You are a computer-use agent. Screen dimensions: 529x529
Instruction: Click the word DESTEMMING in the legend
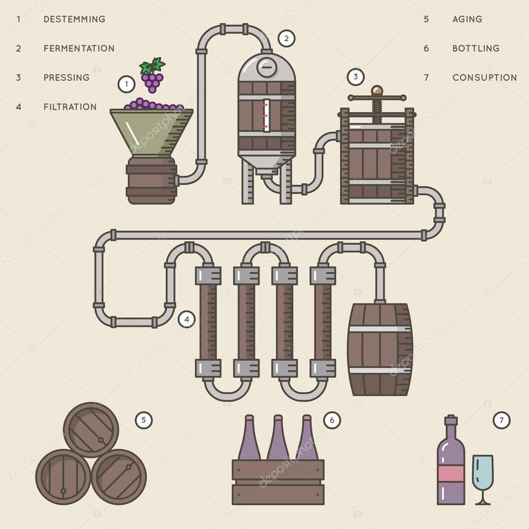point(74,19)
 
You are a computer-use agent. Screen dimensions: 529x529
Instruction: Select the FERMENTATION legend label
point(79,49)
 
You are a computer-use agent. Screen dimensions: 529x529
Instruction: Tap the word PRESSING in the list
point(66,77)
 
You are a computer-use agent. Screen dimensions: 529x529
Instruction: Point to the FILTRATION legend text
point(70,107)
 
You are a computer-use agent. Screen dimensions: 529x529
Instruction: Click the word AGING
point(467,19)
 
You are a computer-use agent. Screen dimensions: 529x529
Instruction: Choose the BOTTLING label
point(476,49)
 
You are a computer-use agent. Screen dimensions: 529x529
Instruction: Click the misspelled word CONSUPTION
point(484,77)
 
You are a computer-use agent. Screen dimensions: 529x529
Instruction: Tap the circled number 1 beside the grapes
point(127,84)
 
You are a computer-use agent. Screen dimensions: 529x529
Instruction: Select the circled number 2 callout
point(286,38)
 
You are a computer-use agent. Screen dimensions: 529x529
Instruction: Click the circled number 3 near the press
point(355,77)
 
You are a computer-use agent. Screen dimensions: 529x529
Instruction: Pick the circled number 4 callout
point(187,319)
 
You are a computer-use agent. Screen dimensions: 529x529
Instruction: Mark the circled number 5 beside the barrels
point(144,420)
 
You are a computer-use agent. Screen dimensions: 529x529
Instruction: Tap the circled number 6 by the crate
point(332,421)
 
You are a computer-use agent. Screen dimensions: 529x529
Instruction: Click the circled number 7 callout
point(501,421)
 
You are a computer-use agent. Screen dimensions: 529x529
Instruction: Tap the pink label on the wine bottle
point(450,473)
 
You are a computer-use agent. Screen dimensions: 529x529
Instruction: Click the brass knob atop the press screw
point(377,90)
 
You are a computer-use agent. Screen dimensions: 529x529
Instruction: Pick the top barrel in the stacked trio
point(91,430)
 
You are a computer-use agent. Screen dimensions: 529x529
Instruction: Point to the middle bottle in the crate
point(278,439)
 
